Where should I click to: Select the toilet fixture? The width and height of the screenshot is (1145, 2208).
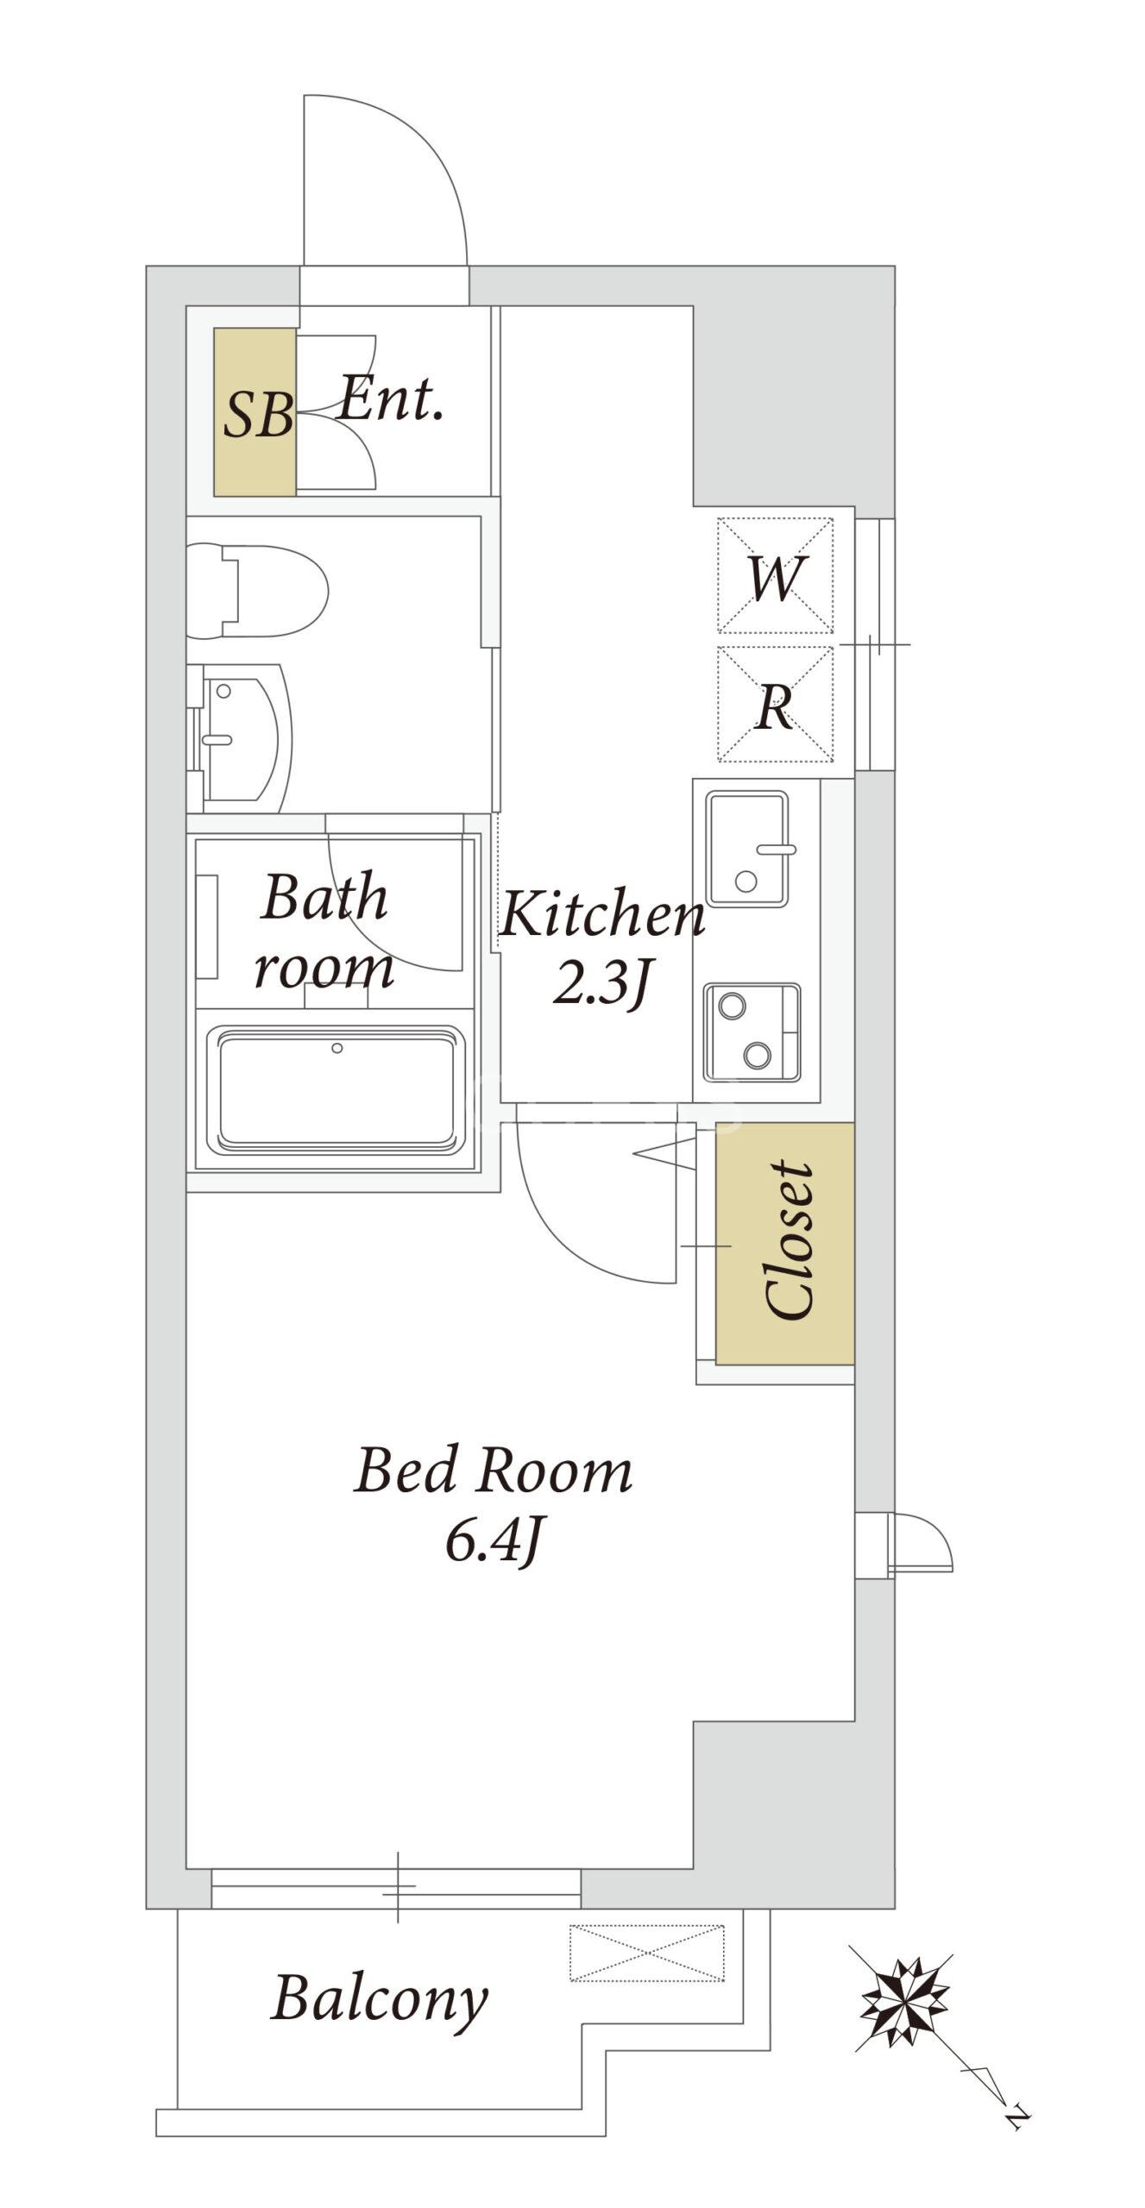(257, 591)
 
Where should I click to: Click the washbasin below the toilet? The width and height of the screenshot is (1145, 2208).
(240, 738)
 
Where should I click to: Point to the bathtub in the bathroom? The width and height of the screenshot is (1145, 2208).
(337, 1090)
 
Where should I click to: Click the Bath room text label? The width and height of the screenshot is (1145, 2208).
(324, 931)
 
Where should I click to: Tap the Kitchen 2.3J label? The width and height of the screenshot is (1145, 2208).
(602, 950)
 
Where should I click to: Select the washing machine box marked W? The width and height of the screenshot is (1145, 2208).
(775, 575)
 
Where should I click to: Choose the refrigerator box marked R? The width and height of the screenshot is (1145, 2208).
(775, 705)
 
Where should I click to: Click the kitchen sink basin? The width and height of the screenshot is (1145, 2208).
(747, 849)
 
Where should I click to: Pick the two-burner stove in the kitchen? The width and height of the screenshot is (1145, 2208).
(752, 1032)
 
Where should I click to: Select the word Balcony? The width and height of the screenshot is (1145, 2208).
(380, 1999)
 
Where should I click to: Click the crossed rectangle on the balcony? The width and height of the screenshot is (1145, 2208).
(647, 1952)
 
